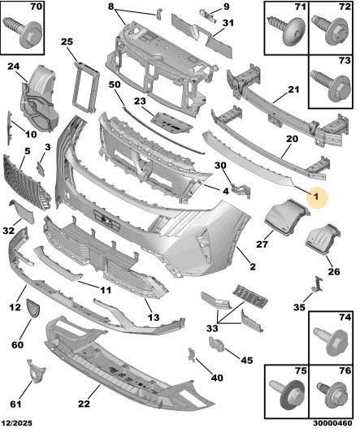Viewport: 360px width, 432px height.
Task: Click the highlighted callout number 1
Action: pyautogui.click(x=316, y=197)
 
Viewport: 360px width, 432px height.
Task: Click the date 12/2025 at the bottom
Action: pyautogui.click(x=16, y=423)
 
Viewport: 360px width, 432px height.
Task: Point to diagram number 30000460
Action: pyautogui.click(x=332, y=423)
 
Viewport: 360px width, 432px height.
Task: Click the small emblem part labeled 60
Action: pyautogui.click(x=33, y=309)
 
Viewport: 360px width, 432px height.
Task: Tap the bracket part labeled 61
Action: pyautogui.click(x=36, y=371)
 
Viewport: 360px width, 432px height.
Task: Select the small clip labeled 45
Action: pyautogui.click(x=217, y=343)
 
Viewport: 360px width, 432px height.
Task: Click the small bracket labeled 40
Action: pyautogui.click(x=192, y=355)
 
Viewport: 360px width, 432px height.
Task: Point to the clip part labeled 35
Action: pyautogui.click(x=319, y=284)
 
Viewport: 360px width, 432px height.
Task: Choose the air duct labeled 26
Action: pyautogui.click(x=323, y=240)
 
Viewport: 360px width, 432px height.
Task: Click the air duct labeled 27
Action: pyautogui.click(x=287, y=217)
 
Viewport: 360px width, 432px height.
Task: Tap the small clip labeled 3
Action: pyautogui.click(x=41, y=169)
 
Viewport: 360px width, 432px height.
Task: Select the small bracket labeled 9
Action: pyautogui.click(x=208, y=16)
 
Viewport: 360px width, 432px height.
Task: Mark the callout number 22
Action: pyautogui.click(x=84, y=404)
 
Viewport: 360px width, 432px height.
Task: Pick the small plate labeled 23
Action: pyautogui.click(x=171, y=123)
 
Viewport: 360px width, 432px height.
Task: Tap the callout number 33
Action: pyautogui.click(x=212, y=328)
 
